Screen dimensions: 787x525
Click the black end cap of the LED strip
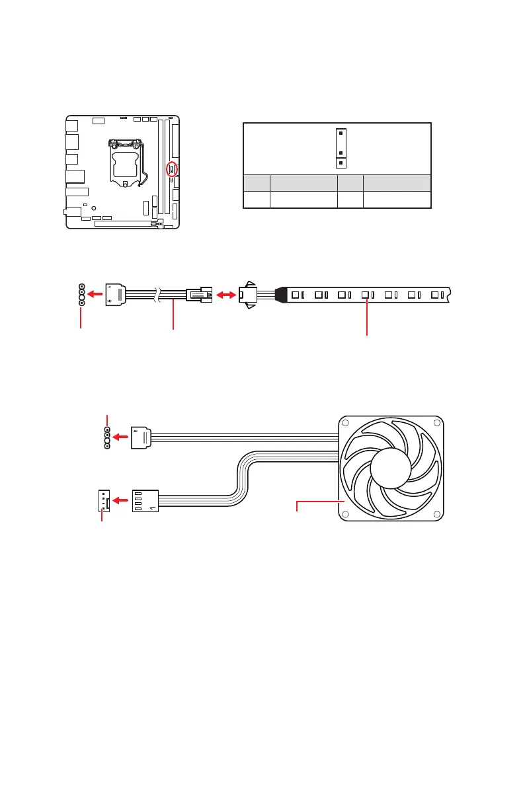[280, 295]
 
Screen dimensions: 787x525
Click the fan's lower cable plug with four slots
[145, 501]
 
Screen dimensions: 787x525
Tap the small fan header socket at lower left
[102, 501]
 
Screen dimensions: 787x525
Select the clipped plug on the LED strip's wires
[248, 295]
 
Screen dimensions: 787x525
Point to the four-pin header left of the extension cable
[81, 295]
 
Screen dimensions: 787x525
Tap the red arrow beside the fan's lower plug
[120, 501]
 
